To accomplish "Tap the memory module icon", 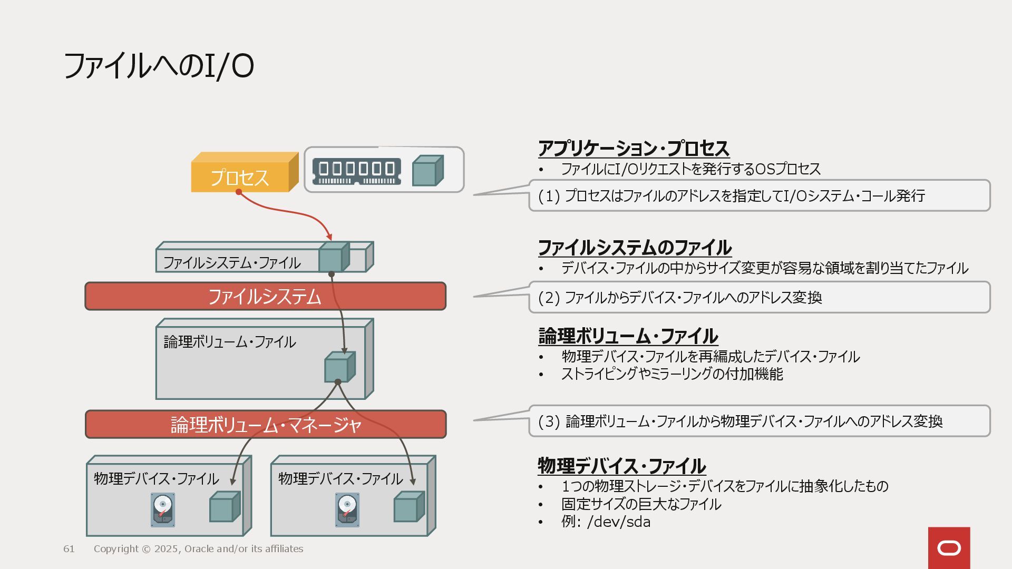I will (356, 171).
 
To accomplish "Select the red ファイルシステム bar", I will (265, 297).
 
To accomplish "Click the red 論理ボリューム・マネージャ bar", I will (265, 425).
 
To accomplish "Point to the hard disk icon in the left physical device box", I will (162, 509).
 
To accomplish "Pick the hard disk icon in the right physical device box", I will (347, 509).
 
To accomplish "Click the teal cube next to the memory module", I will (427, 171).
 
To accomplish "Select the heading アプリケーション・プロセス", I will (634, 149).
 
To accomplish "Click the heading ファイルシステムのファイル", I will (634, 248).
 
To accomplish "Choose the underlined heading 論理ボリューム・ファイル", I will (628, 336).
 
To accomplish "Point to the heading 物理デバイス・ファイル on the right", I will (621, 466).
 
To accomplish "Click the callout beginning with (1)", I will (759, 195).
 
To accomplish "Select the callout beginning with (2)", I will (759, 298).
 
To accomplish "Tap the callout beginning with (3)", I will (759, 421).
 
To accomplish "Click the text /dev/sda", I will (619, 522).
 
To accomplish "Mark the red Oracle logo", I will (949, 548).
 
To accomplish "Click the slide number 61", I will (69, 549).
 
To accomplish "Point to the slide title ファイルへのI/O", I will (158, 66).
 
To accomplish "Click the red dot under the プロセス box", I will (239, 192).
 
